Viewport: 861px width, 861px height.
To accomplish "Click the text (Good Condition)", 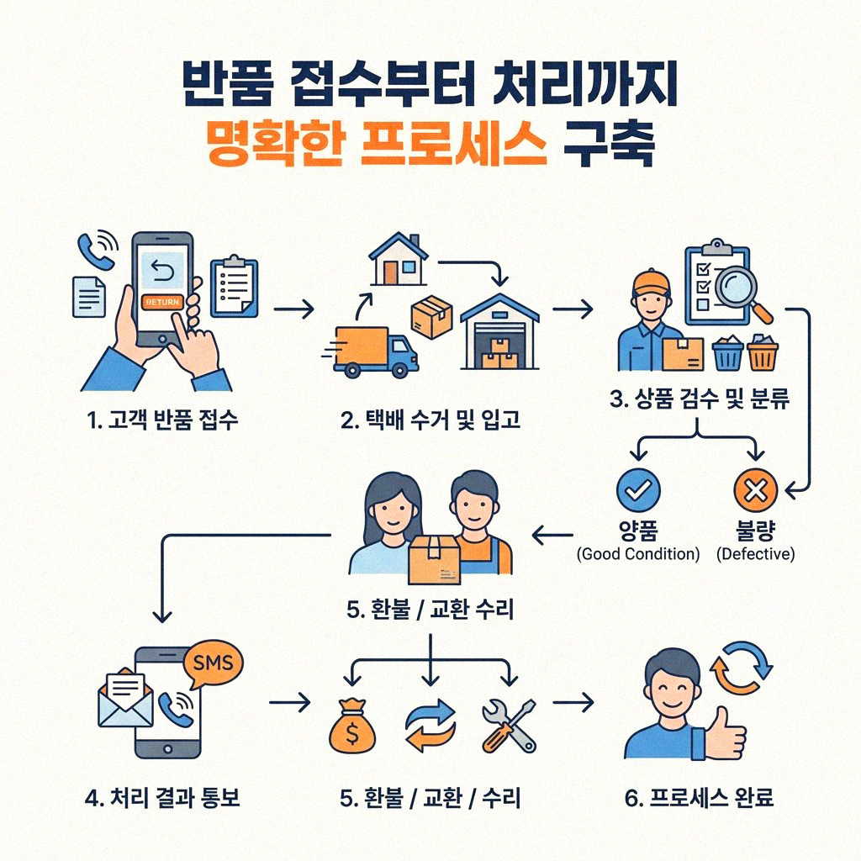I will [638, 554].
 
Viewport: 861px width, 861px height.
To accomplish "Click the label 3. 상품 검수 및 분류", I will [699, 399].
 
